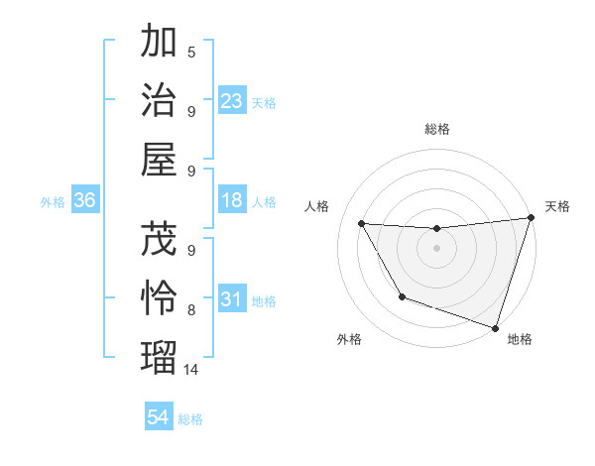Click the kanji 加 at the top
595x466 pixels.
[x=160, y=43]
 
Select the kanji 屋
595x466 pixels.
[x=160, y=159]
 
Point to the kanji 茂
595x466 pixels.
[x=160, y=239]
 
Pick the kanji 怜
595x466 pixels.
[x=160, y=296]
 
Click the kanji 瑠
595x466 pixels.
[x=160, y=355]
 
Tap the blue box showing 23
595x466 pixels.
[x=232, y=101]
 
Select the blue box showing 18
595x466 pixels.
[x=232, y=201]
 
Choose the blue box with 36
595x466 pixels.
[x=84, y=201]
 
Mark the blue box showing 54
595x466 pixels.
[x=159, y=417]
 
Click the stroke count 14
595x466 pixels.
[x=191, y=370]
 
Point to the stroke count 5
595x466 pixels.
[x=191, y=52]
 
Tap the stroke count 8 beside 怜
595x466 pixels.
[x=191, y=310]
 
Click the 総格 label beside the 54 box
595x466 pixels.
[x=190, y=419]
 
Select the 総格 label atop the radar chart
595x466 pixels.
[x=436, y=129]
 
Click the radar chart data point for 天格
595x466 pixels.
[x=531, y=218]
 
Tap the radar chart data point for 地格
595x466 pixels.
[x=495, y=326]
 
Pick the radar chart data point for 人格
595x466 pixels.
[x=362, y=224]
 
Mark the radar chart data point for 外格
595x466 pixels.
[x=402, y=296]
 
